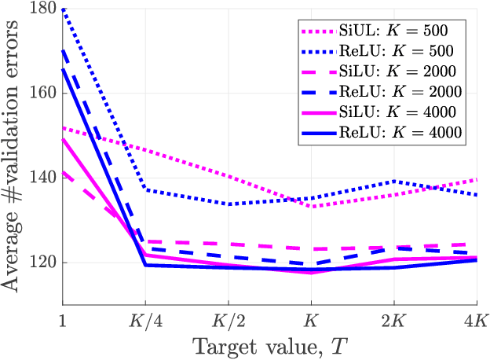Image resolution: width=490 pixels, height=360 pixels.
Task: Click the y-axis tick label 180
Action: tap(42, 9)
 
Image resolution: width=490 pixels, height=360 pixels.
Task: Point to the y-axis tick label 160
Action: tap(42, 93)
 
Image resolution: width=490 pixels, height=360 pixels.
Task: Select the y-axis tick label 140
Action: tap(42, 178)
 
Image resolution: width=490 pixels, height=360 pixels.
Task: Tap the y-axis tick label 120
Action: tap(42, 263)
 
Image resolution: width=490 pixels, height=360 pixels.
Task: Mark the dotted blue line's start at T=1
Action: tap(63, 9)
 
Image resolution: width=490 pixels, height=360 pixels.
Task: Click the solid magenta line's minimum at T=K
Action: tap(311, 273)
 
